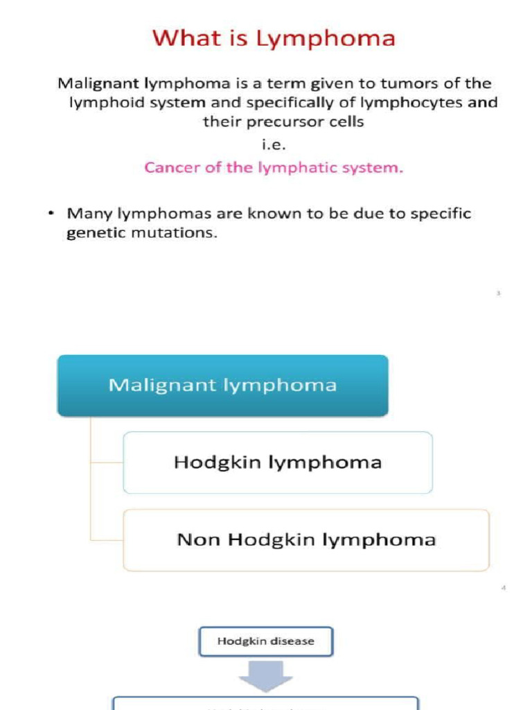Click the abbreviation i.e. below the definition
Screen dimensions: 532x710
tap(275, 145)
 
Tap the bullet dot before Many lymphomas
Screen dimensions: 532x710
tap(51, 214)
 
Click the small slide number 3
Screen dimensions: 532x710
tap(498, 293)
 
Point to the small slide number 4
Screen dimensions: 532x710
tap(504, 589)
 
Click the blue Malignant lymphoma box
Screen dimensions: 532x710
tap(222, 385)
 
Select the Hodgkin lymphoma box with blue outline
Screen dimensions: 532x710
tap(278, 462)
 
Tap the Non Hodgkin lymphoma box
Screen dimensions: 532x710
tap(306, 540)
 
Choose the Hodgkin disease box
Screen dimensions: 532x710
tap(266, 641)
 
